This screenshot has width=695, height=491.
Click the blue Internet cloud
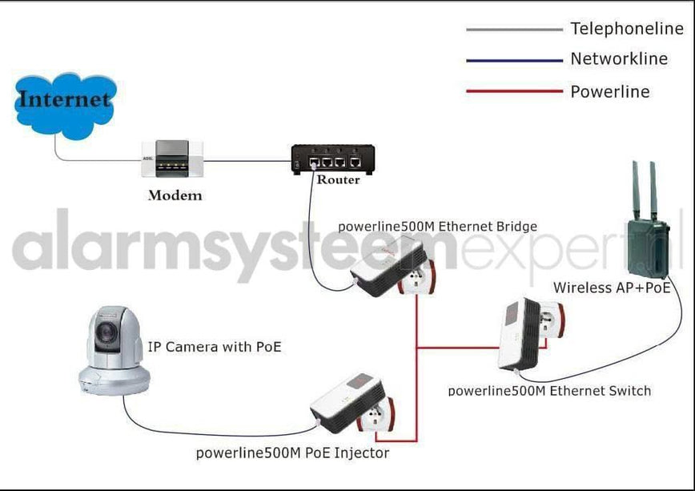(x=64, y=102)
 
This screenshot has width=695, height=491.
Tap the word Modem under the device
(x=175, y=195)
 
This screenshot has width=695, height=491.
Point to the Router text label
(x=338, y=179)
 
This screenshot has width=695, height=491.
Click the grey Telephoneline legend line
(x=514, y=30)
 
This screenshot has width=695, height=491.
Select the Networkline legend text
(x=619, y=58)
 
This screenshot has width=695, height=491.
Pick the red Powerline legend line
(x=514, y=91)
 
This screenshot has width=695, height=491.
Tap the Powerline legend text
(x=609, y=91)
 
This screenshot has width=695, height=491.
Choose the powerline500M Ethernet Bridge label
(x=437, y=226)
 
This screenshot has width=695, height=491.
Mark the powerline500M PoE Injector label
(x=292, y=453)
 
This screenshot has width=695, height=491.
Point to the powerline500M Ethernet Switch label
(x=549, y=391)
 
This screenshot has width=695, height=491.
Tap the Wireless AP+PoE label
(x=612, y=288)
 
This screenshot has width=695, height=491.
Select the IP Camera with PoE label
(x=215, y=347)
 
